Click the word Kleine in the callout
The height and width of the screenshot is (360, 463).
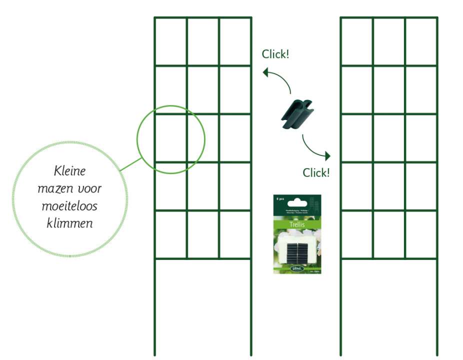(x=69, y=171)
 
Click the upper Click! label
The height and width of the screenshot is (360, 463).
(x=275, y=54)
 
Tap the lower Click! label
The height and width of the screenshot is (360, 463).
(x=316, y=172)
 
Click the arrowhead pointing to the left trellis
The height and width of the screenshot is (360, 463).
(x=265, y=72)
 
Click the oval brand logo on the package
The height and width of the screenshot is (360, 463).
(x=296, y=269)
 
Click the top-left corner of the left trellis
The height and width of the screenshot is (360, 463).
(x=154, y=18)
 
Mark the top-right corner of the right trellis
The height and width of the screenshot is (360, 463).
(x=437, y=18)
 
